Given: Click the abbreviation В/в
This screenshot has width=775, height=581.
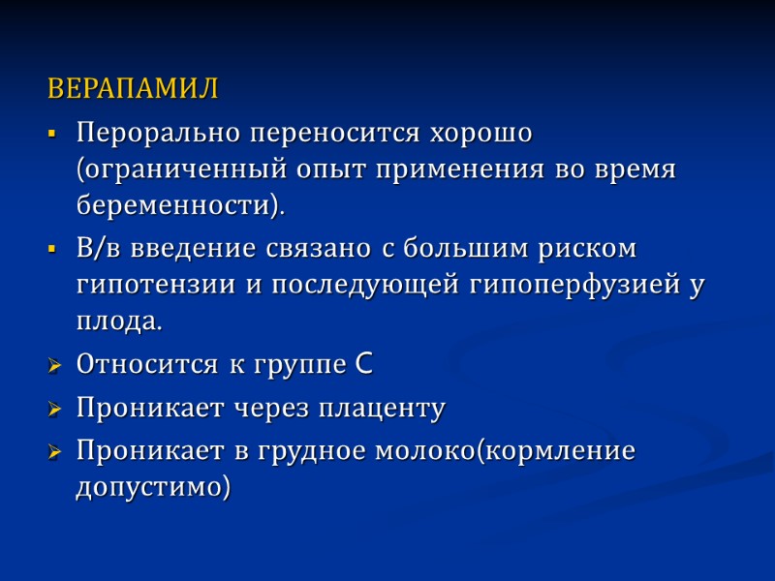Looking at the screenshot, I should click(98, 248).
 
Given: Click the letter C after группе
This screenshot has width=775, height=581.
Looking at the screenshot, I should click(362, 365).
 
